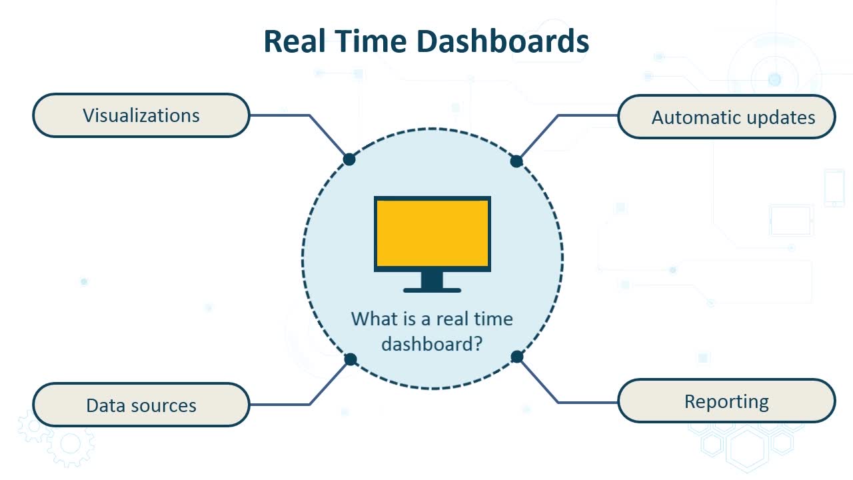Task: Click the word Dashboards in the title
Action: pyautogui.click(x=502, y=41)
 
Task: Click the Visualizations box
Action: pyautogui.click(x=141, y=115)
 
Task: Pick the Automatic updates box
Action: pyautogui.click(x=726, y=117)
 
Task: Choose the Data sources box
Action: pyautogui.click(x=141, y=405)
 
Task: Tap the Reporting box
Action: pyautogui.click(x=726, y=401)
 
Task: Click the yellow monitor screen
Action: pyautogui.click(x=432, y=233)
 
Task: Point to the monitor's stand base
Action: pyautogui.click(x=432, y=290)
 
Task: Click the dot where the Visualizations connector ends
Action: pyautogui.click(x=349, y=159)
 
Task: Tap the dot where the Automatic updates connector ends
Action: pyautogui.click(x=516, y=161)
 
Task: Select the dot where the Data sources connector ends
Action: pyautogui.click(x=351, y=359)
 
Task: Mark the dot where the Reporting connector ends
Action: pyautogui.click(x=516, y=357)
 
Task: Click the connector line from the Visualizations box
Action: pyautogui.click(x=309, y=115)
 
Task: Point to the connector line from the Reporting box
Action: pyautogui.click(x=558, y=402)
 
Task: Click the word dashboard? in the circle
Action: pyautogui.click(x=432, y=345)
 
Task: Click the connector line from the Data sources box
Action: pyautogui.click(x=309, y=404)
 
